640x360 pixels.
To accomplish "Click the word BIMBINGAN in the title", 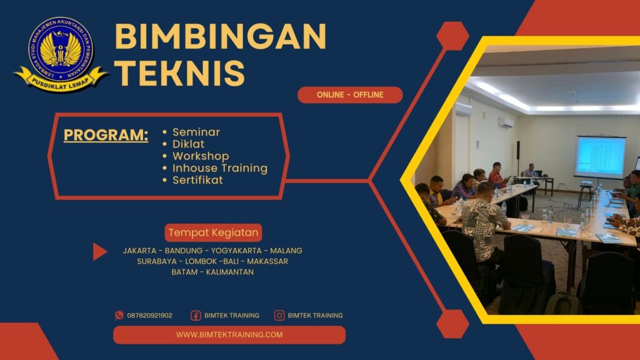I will click(220, 37).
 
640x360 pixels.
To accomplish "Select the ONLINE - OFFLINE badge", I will click(350, 95).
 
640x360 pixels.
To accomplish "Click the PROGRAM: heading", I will click(106, 135).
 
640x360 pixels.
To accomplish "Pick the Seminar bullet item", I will click(196, 132).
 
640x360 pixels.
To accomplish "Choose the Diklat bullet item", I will click(188, 144).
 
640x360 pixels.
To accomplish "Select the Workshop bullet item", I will click(201, 156).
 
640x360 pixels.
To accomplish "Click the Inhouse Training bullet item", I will click(219, 168).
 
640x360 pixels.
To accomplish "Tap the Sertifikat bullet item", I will click(197, 180).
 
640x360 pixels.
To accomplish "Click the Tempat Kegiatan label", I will click(213, 233).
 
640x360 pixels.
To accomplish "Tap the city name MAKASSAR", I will click(267, 261).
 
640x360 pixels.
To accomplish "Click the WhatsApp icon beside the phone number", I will click(119, 316).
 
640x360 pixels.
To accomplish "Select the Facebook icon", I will click(196, 316).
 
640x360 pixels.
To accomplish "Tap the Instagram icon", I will click(279, 316).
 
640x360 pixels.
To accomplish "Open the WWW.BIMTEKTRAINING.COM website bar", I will click(229, 335).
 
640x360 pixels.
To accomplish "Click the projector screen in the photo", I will click(601, 157).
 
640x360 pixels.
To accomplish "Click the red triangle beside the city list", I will click(99, 251).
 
